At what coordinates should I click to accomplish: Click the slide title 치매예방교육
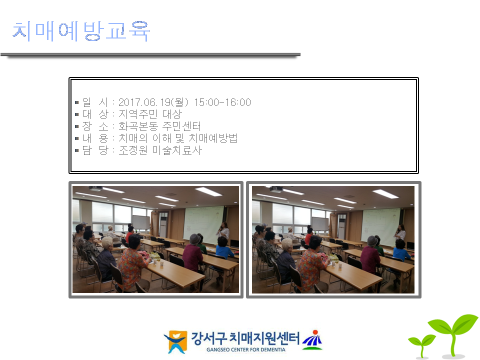(81, 31)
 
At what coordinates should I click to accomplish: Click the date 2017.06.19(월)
(153, 102)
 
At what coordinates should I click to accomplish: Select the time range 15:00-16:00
(222, 102)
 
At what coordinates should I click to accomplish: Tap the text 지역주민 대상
(150, 114)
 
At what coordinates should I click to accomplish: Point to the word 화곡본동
(138, 126)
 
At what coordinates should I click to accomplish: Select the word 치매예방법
(213, 138)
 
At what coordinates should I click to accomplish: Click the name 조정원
(128, 150)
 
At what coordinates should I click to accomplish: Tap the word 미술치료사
(177, 150)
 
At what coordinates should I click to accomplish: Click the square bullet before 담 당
(77, 150)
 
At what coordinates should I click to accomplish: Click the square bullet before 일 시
(77, 102)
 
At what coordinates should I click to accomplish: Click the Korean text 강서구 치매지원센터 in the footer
(245, 338)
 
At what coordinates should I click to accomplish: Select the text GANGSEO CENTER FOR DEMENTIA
(246, 349)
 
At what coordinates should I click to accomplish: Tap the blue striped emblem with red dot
(312, 340)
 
